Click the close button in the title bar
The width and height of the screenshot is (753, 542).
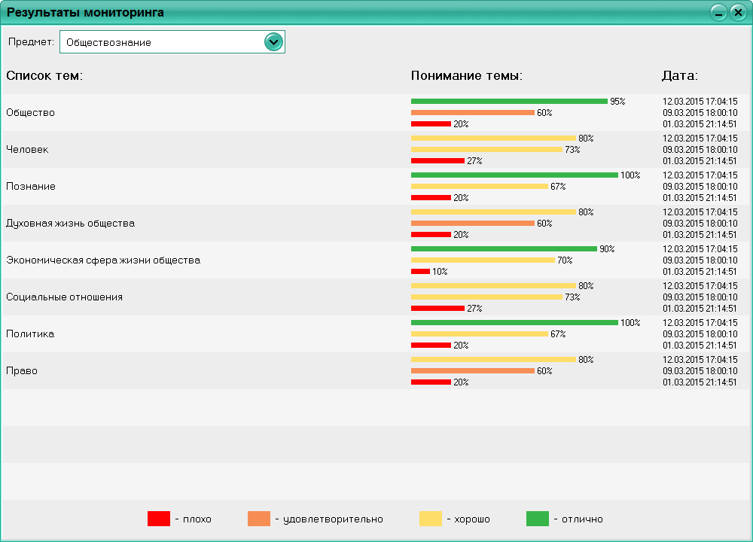coord(737,13)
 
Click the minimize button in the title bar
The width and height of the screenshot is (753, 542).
coord(718,13)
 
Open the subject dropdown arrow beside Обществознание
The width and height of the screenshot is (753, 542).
coord(273,42)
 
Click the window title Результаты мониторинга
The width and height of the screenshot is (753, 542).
coord(86,13)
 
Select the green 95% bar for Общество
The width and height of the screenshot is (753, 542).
coord(509,101)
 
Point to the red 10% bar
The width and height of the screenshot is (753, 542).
coord(420,271)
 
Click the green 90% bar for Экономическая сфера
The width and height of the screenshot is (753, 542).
coord(504,248)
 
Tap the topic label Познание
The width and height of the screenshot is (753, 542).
coord(30,186)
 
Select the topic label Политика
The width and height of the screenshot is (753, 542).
coord(30,333)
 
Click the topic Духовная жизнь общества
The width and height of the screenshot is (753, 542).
coord(71,223)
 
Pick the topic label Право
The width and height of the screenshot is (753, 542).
coord(22,370)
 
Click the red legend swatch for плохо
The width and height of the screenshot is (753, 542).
coord(159,519)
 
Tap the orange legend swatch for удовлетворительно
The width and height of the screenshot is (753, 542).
coord(258,519)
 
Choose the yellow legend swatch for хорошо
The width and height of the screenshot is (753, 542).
coord(430,519)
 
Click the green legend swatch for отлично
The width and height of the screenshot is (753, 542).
coord(537,519)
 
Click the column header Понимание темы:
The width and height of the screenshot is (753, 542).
coord(467,76)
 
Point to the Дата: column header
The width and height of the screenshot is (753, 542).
coord(680,76)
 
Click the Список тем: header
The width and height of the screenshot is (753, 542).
coord(44,76)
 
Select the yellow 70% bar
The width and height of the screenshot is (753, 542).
coord(483,260)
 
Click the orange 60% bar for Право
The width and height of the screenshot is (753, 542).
coord(472,370)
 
